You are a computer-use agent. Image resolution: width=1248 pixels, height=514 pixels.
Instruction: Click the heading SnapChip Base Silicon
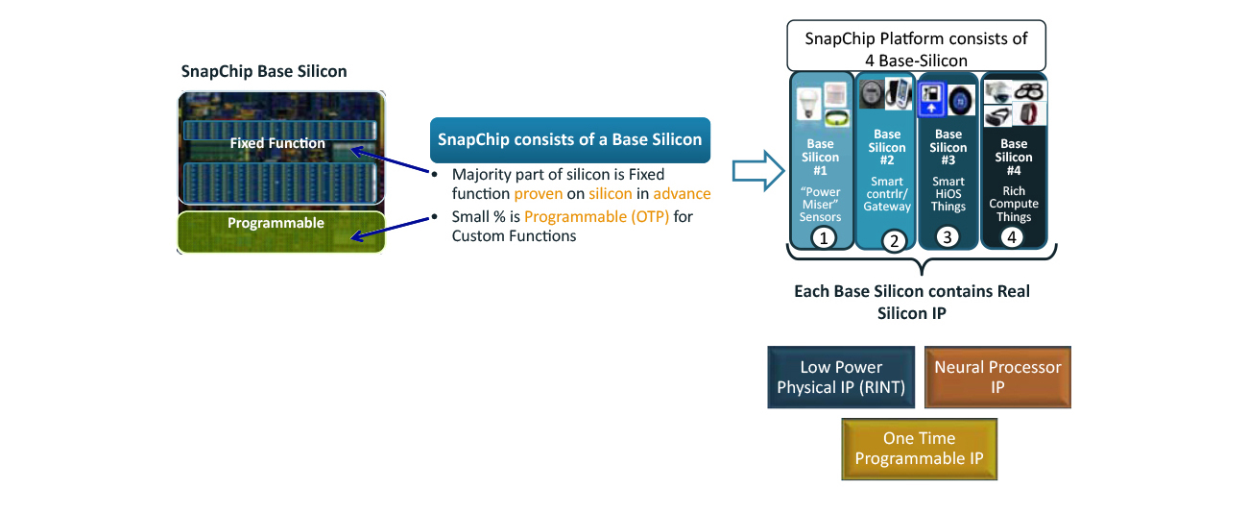click(x=264, y=72)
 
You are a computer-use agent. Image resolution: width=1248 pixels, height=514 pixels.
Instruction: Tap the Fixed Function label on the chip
click(x=277, y=144)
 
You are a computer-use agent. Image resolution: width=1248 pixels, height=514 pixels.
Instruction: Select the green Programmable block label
click(x=276, y=223)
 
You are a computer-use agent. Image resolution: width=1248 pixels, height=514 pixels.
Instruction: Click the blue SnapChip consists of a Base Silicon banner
click(x=570, y=139)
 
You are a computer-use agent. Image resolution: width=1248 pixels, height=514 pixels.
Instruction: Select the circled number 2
click(x=893, y=241)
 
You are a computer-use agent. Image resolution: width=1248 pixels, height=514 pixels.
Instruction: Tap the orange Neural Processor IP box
click(x=997, y=378)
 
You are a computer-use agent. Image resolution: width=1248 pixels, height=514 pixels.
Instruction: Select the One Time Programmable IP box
click(x=919, y=449)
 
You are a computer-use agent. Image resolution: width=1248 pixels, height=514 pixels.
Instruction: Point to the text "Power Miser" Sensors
click(x=822, y=205)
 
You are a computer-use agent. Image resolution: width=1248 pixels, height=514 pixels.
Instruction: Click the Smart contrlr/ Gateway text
click(x=887, y=193)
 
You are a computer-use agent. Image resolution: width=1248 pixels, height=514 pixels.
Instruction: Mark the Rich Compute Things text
click(x=1013, y=204)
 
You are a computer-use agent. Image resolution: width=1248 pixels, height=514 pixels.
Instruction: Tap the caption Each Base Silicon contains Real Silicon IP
click(x=911, y=302)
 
